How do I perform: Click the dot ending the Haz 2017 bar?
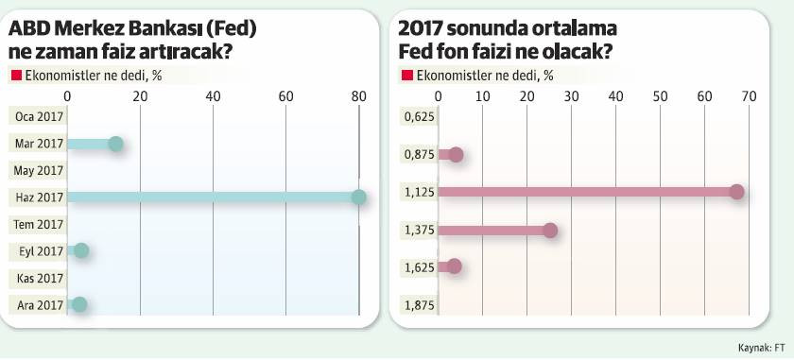click(358, 197)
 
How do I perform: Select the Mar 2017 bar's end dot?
click(115, 144)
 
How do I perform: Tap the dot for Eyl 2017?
click(81, 250)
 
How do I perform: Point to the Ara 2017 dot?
click(79, 303)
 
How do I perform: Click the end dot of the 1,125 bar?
click(737, 193)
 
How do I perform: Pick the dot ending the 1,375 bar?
click(550, 230)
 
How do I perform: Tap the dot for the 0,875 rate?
click(456, 155)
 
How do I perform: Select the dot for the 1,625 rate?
click(455, 266)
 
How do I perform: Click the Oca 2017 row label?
click(39, 117)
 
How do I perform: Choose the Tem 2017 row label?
click(39, 224)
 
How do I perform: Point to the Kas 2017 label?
click(39, 278)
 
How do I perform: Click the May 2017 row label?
click(39, 171)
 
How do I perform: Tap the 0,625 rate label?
click(418, 117)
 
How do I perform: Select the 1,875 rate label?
click(418, 303)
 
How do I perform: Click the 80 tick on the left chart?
click(358, 96)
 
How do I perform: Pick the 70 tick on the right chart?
click(749, 96)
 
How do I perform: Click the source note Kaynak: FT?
click(755, 347)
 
